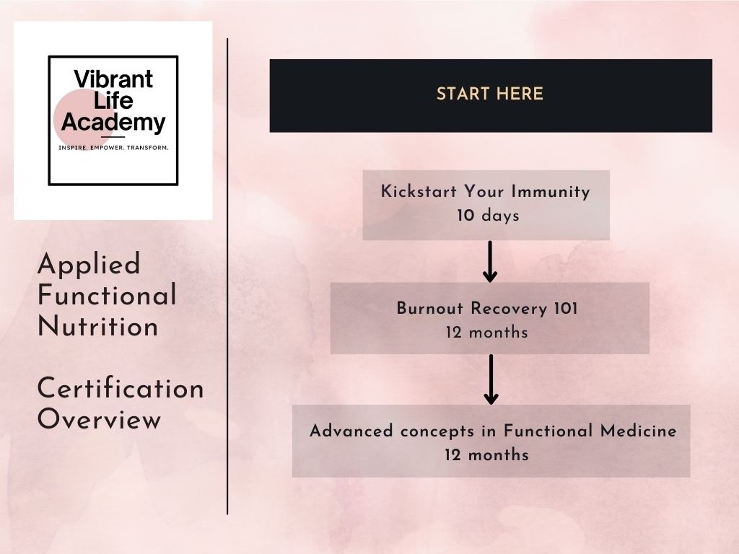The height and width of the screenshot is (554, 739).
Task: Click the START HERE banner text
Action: [490, 94]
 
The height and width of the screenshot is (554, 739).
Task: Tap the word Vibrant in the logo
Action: [114, 79]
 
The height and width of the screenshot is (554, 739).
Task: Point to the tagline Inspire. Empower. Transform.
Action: [113, 148]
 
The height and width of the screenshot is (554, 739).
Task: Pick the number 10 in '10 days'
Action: [465, 216]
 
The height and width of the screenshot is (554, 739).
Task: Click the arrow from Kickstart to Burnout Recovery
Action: [490, 261]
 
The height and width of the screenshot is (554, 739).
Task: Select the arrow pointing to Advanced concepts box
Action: [491, 379]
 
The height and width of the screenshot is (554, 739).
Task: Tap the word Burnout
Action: [431, 309]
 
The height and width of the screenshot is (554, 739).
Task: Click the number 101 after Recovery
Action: [565, 309]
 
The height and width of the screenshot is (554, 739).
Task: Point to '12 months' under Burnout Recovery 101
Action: [487, 333]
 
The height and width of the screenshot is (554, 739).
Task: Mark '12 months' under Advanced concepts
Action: [487, 455]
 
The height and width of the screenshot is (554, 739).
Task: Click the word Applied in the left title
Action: [89, 265]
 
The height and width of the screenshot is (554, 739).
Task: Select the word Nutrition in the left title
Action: [98, 327]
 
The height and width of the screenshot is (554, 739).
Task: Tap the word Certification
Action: [121, 389]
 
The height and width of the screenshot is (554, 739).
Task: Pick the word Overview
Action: [99, 420]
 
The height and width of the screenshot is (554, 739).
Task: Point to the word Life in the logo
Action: [114, 100]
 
